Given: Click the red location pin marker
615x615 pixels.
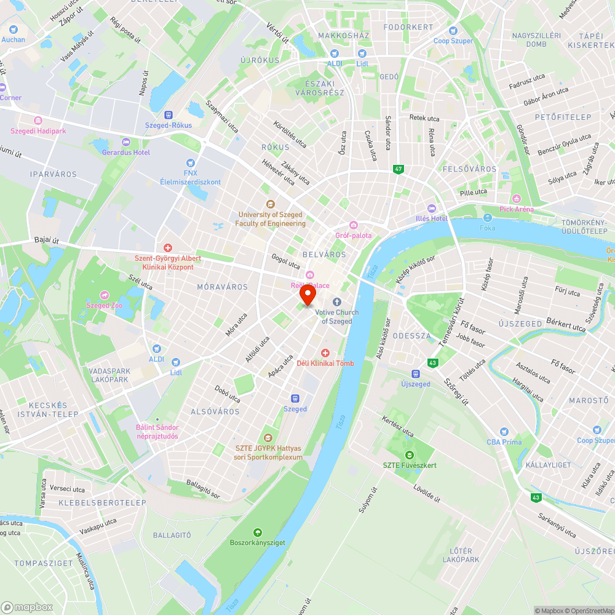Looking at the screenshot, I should point(307,295).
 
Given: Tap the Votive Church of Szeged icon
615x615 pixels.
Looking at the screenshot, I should point(336,302).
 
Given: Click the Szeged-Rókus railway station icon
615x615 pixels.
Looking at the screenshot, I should point(168,114).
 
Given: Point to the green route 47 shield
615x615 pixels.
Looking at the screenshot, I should point(399,169).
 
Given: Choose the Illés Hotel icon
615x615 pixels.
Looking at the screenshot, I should point(430,208).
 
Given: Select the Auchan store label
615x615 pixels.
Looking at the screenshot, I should point(14,39).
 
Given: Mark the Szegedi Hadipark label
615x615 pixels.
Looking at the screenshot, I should point(38,131).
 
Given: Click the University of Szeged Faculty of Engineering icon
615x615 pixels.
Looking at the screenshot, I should point(270,204).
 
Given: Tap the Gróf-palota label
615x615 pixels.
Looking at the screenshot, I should point(353,235).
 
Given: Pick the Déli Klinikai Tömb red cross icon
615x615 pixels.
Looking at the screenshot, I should point(325,353).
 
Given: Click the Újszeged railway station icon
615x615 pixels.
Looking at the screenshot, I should point(415,374).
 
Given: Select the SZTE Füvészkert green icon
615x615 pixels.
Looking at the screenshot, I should point(409,455).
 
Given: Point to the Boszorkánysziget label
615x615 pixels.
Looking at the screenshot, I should point(257,542).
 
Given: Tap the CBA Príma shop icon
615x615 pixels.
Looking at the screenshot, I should point(504,432).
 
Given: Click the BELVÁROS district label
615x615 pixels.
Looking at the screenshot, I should point(324,254).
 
